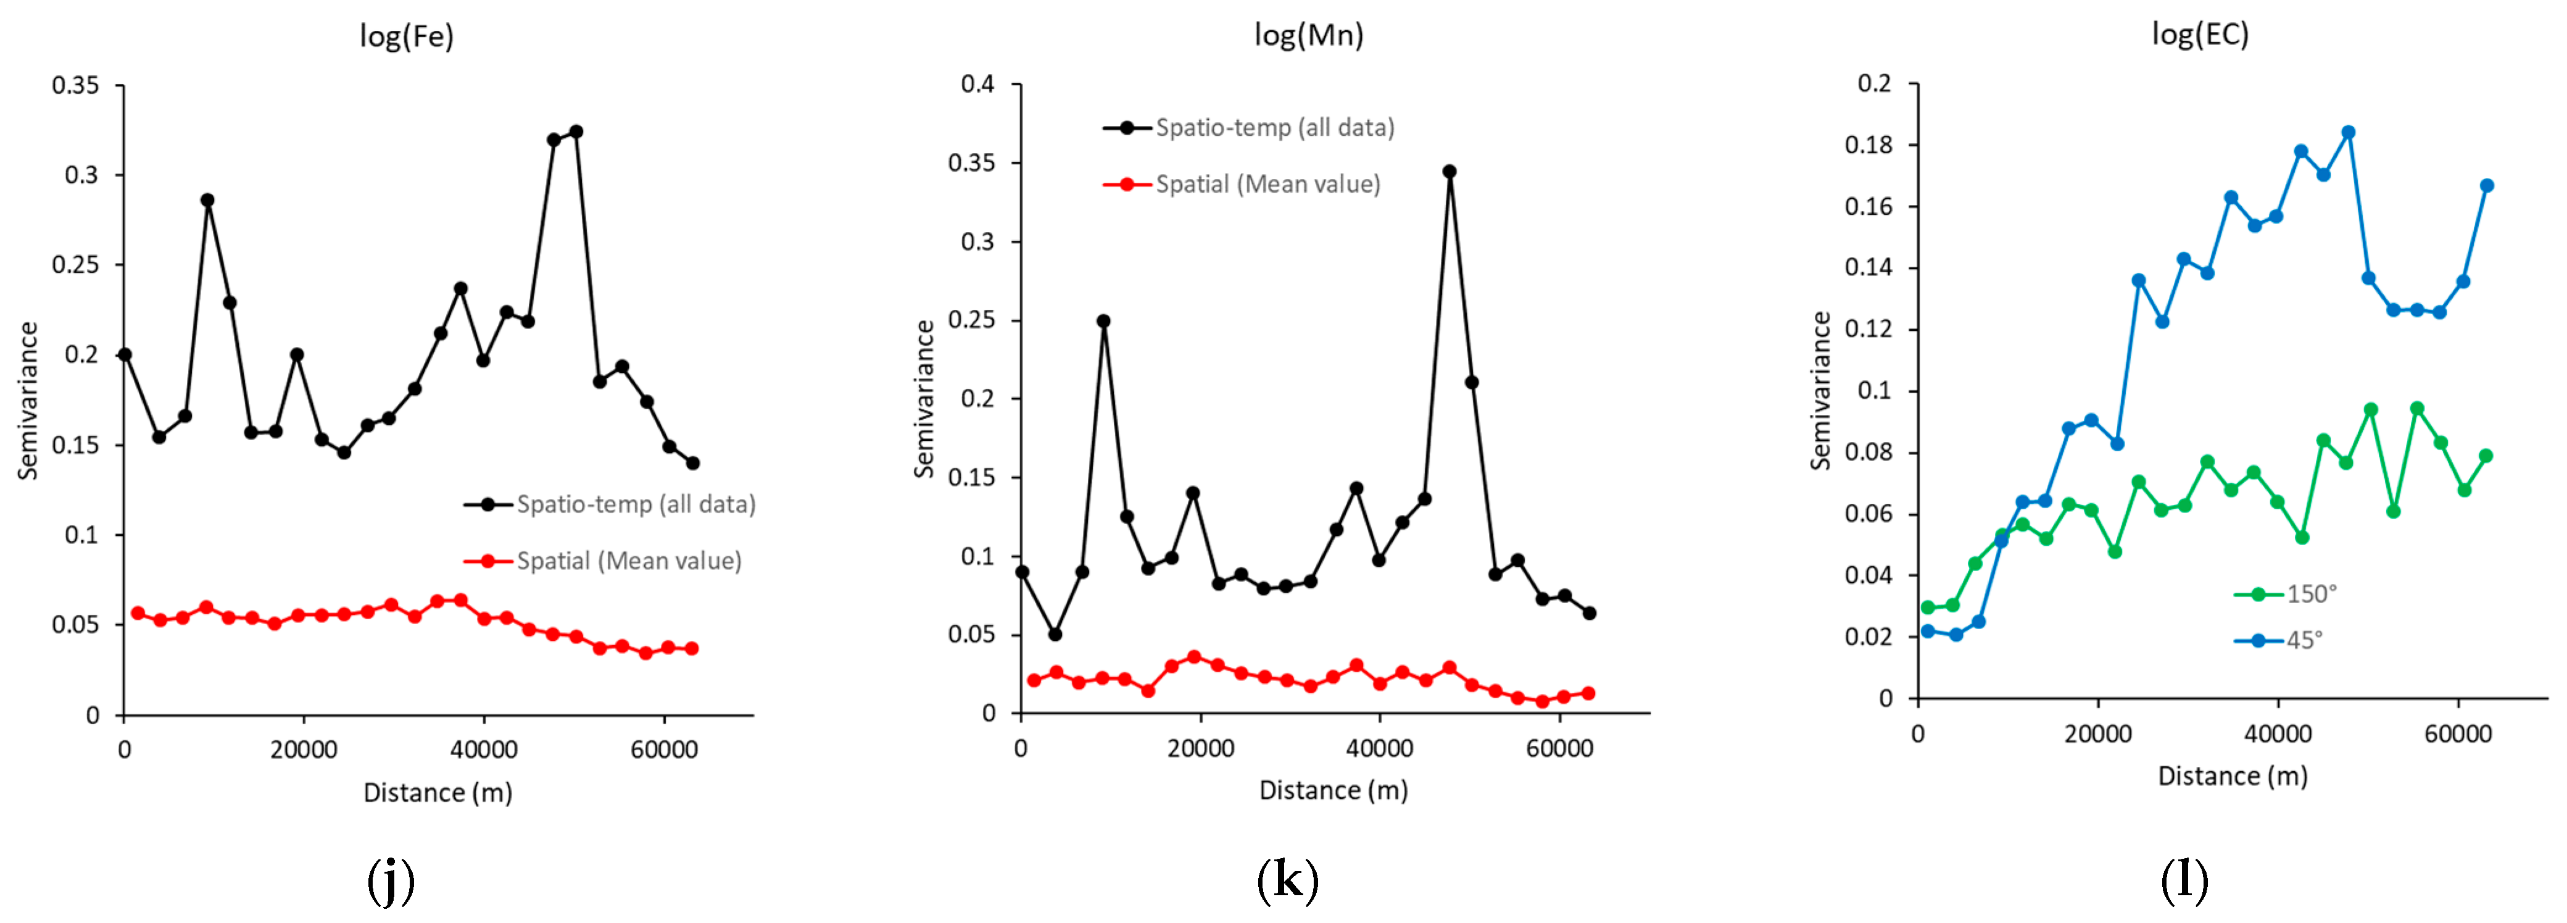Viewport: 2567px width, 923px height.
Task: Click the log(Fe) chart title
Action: click(x=407, y=37)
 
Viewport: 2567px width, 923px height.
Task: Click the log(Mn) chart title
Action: click(x=1308, y=36)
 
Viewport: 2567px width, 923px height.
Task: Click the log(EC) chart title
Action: click(x=2200, y=35)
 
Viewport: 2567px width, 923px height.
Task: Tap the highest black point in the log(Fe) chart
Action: click(x=576, y=132)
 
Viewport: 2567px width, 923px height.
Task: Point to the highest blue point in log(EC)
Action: click(x=2348, y=133)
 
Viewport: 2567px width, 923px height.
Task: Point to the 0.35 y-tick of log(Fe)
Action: click(x=76, y=86)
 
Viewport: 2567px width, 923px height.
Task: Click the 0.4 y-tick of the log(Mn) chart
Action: click(x=977, y=84)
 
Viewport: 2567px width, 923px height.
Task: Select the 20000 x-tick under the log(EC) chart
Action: click(x=2097, y=735)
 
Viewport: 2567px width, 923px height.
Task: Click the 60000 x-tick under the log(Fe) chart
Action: click(x=664, y=750)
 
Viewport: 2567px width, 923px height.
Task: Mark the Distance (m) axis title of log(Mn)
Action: click(x=1333, y=790)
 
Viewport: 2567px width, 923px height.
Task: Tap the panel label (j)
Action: click(x=391, y=880)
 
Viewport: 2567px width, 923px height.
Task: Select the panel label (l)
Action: click(x=2184, y=880)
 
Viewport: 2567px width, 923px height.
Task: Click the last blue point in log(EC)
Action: click(x=2486, y=185)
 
